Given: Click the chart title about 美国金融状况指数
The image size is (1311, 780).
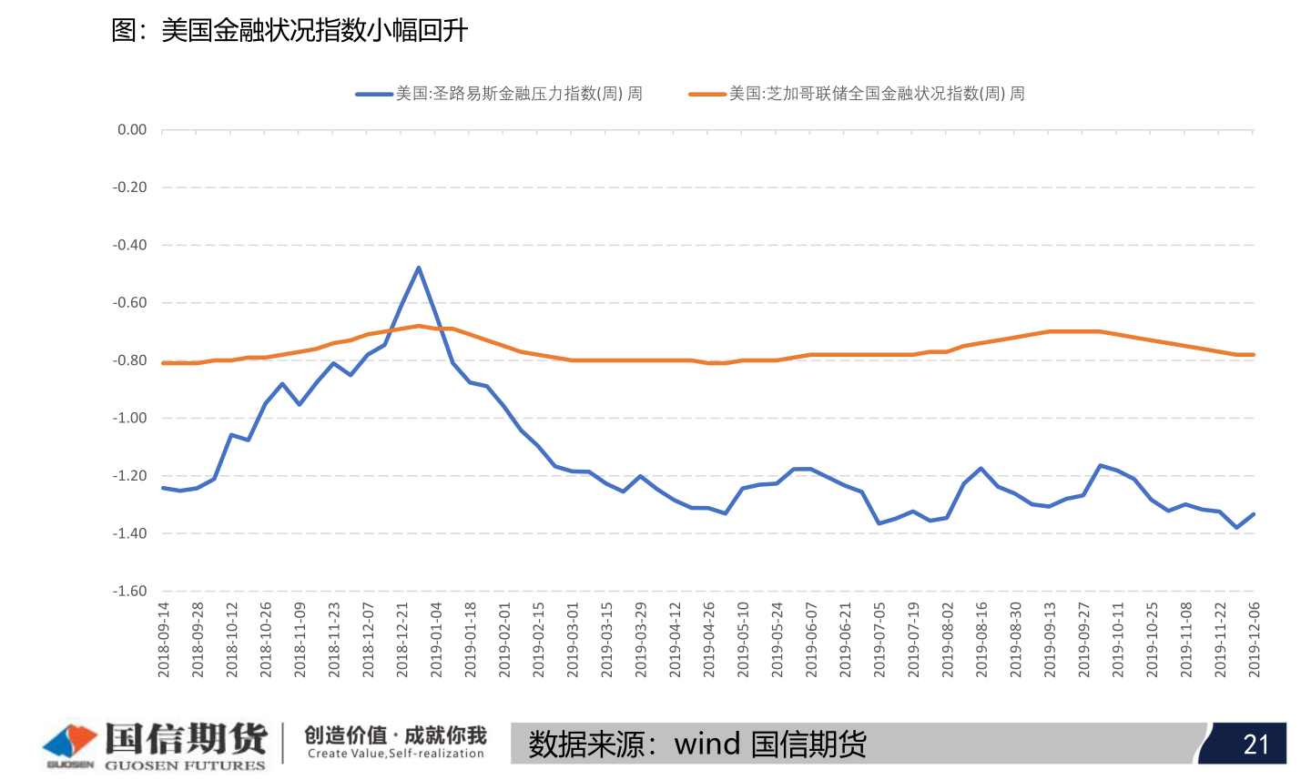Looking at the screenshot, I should tap(290, 31).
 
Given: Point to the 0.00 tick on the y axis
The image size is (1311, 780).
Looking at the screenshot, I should tap(132, 130).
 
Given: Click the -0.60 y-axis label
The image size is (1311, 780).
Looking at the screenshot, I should tap(129, 303).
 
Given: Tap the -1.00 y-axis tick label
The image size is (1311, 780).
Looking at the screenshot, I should tap(129, 419).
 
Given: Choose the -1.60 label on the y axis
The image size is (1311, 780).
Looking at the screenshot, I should tap(129, 592).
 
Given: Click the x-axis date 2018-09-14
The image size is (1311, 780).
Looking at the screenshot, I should tap(165, 639).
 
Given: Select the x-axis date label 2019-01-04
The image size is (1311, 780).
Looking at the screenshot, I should tap(437, 639).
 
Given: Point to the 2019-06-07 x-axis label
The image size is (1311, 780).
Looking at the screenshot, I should tap(812, 639).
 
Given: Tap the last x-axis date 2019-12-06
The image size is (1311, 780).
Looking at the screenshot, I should tap(1255, 639).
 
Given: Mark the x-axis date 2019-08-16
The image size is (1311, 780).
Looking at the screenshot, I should tap(982, 639).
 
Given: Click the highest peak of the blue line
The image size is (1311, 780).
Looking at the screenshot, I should tap(419, 268).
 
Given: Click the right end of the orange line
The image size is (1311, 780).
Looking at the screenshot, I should tap(1254, 355).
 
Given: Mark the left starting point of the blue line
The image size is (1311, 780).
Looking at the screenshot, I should tap(164, 488).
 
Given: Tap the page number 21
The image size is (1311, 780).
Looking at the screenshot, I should tap(1256, 745).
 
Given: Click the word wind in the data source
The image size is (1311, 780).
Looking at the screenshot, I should tap(707, 745).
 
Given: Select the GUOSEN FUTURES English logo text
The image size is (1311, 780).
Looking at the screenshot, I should tap(185, 765).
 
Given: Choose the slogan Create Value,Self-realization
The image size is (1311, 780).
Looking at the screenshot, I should tap(396, 754).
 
